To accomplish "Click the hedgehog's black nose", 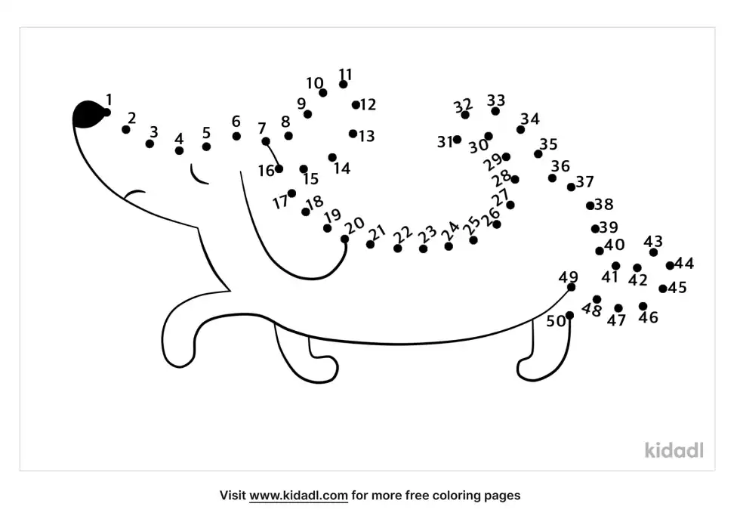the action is [x=88, y=114].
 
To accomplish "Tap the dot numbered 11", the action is [x=343, y=84].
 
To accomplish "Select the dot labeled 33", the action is [x=495, y=111].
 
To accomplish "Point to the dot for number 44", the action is [x=670, y=266].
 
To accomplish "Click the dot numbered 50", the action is [x=569, y=315].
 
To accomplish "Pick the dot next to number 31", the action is [x=457, y=139].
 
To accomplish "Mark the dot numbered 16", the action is [x=279, y=168].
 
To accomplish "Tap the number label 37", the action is [x=584, y=181].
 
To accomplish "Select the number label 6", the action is [x=236, y=122].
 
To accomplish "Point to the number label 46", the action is [x=648, y=317].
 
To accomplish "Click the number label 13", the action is [x=367, y=136].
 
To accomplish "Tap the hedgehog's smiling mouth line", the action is [x=134, y=193].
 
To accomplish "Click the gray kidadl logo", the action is [x=674, y=449].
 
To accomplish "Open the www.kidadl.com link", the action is [x=298, y=496].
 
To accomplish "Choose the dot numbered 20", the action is [x=344, y=239].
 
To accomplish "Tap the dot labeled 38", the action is [x=590, y=205].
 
